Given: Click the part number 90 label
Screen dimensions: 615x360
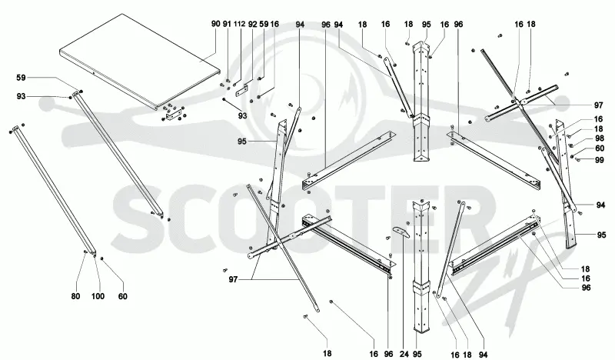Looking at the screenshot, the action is pyautogui.click(x=216, y=25).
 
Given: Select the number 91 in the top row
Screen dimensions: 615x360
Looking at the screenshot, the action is pyautogui.click(x=227, y=25).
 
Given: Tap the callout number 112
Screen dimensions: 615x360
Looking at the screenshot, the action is pyautogui.click(x=240, y=25).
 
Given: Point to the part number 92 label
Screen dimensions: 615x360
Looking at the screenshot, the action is pyautogui.click(x=253, y=25).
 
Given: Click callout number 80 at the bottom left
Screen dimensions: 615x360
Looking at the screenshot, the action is pyautogui.click(x=75, y=296).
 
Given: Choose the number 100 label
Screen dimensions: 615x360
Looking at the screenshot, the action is pyautogui.click(x=98, y=296).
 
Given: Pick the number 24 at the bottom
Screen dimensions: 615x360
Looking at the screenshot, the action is pyautogui.click(x=401, y=354).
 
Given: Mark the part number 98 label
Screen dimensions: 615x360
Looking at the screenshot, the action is pyautogui.click(x=600, y=138).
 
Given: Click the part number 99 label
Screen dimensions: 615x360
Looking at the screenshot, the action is pyautogui.click(x=600, y=160).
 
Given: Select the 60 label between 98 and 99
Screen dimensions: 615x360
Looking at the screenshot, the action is pyautogui.click(x=600, y=148).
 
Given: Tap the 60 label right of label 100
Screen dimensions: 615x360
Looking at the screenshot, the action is pyautogui.click(x=123, y=296).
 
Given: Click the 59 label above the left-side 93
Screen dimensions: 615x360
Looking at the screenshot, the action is pyautogui.click(x=22, y=78).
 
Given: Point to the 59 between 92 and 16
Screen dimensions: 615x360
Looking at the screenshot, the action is pyautogui.click(x=264, y=25).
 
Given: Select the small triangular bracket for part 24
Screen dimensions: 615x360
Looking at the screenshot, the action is pyautogui.click(x=401, y=232).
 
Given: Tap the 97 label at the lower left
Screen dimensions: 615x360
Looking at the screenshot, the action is pyautogui.click(x=233, y=279).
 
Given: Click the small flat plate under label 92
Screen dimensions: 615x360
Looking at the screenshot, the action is pyautogui.click(x=242, y=90).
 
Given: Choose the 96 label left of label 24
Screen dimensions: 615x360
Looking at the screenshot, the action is pyautogui.click(x=388, y=354).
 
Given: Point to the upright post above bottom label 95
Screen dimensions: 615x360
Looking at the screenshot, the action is pyautogui.click(x=421, y=268).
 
